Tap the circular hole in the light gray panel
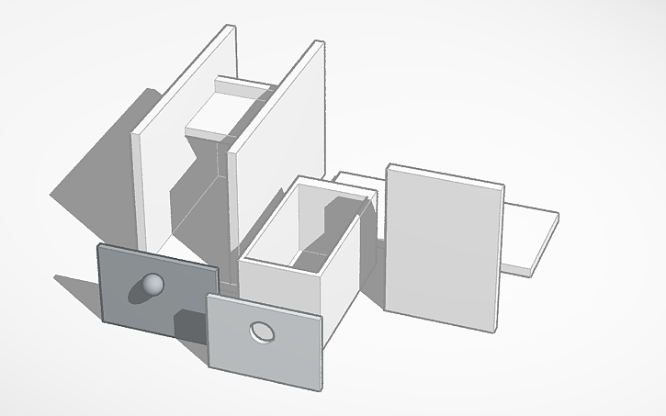[x=263, y=332]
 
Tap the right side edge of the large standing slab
[x=501, y=257]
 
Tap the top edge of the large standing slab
[x=446, y=174]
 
